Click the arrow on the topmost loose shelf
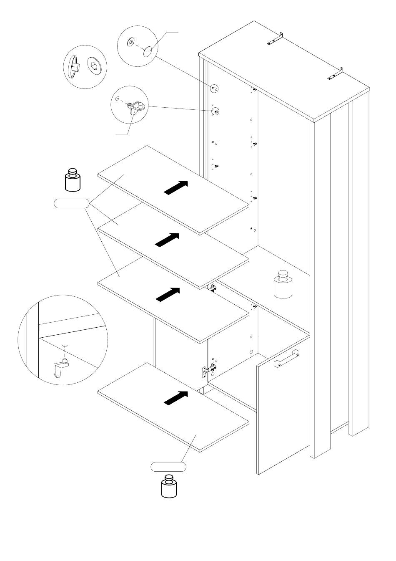pyautogui.click(x=175, y=187)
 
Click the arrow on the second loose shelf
pyautogui.click(x=167, y=240)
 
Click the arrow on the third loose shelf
pyautogui.click(x=168, y=294)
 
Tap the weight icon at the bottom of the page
pyautogui.click(x=169, y=486)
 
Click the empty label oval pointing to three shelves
pyautogui.click(x=72, y=203)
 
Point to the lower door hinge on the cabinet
pyautogui.click(x=208, y=369)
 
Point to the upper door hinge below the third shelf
pyautogui.click(x=213, y=288)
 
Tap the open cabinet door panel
pyautogui.click(x=283, y=413)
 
